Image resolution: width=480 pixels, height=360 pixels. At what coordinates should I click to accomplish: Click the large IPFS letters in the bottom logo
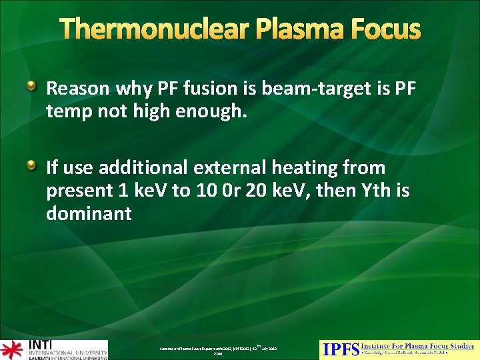tap(340, 349)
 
